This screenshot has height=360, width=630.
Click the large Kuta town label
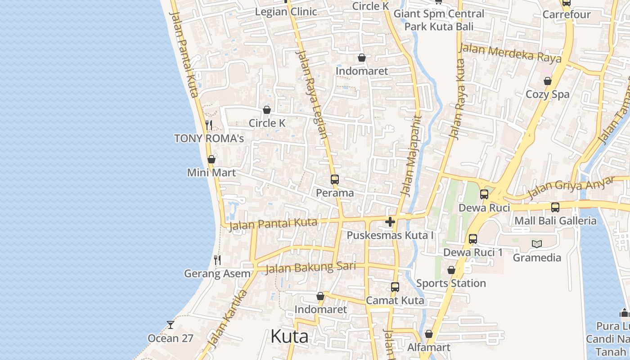[289, 337]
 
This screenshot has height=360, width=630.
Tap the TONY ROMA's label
[209, 138]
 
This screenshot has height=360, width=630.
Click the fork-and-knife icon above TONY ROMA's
[209, 125]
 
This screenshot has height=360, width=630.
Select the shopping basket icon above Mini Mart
[211, 159]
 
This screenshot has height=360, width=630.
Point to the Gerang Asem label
[217, 274]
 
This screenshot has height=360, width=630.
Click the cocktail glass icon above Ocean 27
[171, 324]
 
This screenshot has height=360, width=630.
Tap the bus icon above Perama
[335, 180]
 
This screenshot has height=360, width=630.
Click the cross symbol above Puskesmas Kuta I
[390, 222]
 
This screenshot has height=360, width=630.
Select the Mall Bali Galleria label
[555, 220]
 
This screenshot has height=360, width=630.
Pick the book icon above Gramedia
[537, 244]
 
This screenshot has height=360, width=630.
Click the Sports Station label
[451, 283]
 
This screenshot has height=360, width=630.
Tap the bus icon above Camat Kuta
[395, 287]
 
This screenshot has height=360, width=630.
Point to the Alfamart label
[429, 347]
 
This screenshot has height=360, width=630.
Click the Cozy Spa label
[548, 94]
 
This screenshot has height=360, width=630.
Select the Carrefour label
[567, 14]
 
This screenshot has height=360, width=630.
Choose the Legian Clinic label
[286, 12]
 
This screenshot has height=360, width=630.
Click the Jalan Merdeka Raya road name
[510, 53]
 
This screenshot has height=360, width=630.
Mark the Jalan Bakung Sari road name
[310, 268]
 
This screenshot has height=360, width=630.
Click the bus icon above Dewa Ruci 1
[473, 239]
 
